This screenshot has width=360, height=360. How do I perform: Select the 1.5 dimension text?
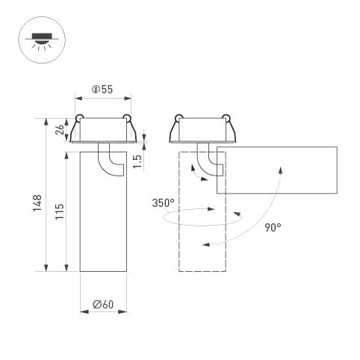click(137, 161)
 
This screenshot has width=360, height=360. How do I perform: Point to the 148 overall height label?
click(37, 203)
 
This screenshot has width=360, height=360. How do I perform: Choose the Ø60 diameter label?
click(102, 304)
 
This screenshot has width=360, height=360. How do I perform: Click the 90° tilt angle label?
click(273, 228)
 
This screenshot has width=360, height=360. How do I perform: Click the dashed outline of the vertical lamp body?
click(181, 239)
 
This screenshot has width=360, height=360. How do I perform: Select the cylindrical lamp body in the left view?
click(102, 224)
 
